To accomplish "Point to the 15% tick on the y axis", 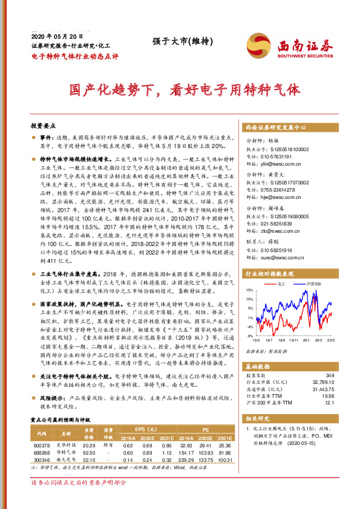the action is click(249, 290).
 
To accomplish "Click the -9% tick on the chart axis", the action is click(249, 335).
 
